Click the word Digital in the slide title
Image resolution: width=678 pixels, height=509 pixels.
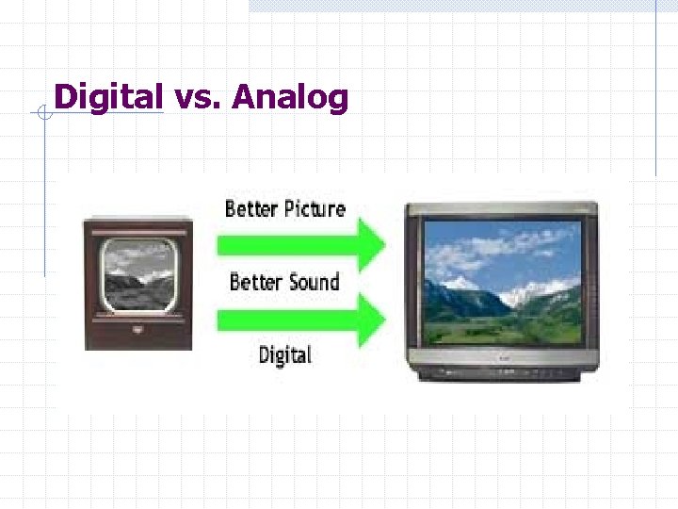click(108, 97)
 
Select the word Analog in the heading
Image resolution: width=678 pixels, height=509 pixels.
click(290, 97)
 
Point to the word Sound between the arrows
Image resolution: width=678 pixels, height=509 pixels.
click(311, 281)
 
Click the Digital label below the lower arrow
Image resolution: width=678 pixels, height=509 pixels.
click(284, 354)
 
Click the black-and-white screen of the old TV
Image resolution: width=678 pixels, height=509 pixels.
click(138, 274)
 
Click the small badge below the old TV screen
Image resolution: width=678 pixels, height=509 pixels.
click(138, 330)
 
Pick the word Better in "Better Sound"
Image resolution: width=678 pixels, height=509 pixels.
click(254, 281)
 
